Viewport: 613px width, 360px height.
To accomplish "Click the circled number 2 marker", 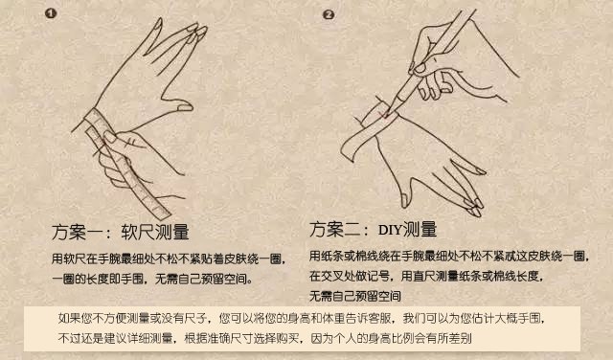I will tap(329, 14).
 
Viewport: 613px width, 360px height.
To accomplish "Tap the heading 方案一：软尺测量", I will tap(119, 232).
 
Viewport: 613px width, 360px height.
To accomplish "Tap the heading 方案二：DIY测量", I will tap(373, 230).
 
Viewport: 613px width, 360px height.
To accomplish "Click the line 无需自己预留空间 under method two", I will tap(355, 295).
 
